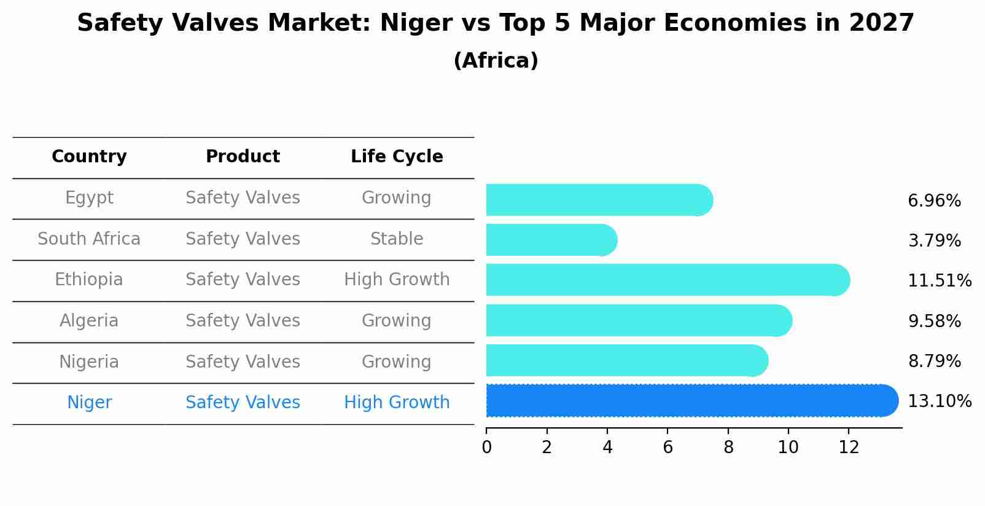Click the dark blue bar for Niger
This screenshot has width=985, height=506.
688,401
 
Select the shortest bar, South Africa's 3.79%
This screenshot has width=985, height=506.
550,240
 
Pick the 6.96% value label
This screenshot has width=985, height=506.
934,201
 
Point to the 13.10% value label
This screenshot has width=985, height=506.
939,401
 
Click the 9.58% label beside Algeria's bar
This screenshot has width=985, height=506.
934,322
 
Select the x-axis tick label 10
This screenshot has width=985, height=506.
788,448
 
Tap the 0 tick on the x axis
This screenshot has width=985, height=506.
487,448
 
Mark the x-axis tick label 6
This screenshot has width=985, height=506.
668,448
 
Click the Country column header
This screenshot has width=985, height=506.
89,157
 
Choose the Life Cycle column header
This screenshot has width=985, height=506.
397,157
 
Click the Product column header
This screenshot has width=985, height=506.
243,157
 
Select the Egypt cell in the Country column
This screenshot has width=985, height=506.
89,198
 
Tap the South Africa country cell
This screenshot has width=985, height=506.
89,239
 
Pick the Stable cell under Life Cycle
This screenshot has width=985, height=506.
397,239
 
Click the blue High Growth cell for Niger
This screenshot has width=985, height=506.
397,403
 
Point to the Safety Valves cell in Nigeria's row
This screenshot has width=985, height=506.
243,362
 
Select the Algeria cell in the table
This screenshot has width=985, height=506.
89,321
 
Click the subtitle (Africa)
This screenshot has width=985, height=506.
496,61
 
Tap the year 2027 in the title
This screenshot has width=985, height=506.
881,23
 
